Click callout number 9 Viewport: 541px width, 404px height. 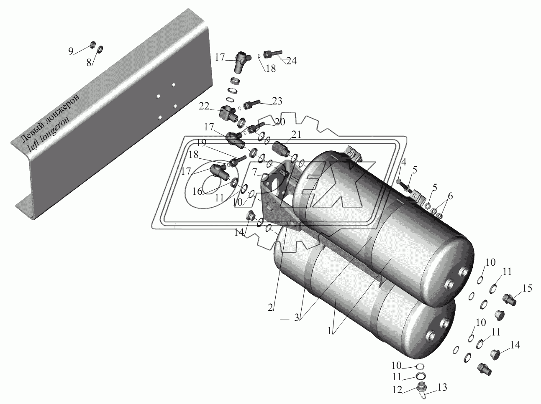71,51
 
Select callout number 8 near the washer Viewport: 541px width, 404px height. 89,63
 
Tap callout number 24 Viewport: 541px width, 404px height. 291,61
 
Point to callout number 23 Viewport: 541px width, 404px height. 277,101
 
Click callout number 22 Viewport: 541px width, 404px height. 204,106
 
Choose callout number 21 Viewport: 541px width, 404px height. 296,135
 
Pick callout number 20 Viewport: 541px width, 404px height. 280,122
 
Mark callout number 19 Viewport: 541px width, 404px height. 201,143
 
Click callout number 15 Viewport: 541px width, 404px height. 527,288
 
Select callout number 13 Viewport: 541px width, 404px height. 442,387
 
